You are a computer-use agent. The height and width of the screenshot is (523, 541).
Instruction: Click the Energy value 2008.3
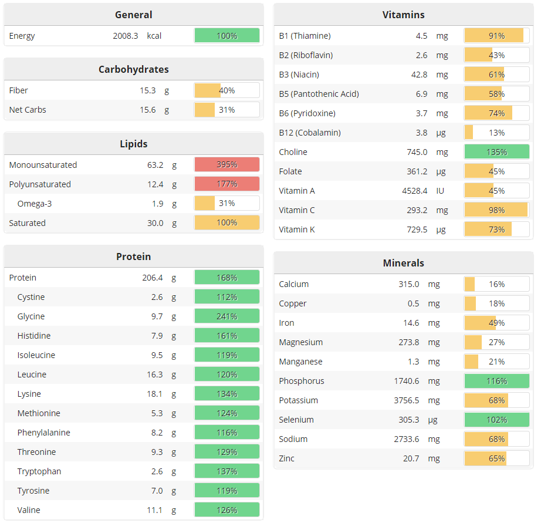tap(126, 36)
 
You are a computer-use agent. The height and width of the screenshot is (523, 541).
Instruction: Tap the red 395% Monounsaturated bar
tap(226, 165)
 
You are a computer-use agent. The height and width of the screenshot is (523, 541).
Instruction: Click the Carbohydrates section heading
tap(133, 69)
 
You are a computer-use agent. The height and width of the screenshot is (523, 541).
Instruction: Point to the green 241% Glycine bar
tap(226, 316)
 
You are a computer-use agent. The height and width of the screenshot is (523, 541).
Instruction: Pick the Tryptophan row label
tap(39, 471)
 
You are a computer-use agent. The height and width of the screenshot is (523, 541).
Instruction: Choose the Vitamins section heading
tap(403, 15)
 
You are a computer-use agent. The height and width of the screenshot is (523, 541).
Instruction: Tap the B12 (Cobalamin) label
tap(310, 133)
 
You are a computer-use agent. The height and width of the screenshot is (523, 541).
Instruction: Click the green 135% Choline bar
tap(496, 152)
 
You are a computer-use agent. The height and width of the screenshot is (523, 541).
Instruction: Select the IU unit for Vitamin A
tap(441, 191)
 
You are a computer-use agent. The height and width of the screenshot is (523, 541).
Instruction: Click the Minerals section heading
tap(403, 263)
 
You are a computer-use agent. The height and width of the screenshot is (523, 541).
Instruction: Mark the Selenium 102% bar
tap(496, 420)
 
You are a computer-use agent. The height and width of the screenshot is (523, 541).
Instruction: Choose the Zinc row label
tap(287, 458)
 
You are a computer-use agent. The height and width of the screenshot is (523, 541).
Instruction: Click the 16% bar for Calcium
tap(496, 284)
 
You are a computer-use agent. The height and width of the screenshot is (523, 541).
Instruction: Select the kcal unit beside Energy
tap(154, 36)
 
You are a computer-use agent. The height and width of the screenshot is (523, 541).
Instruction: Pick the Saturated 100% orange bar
tap(226, 223)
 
